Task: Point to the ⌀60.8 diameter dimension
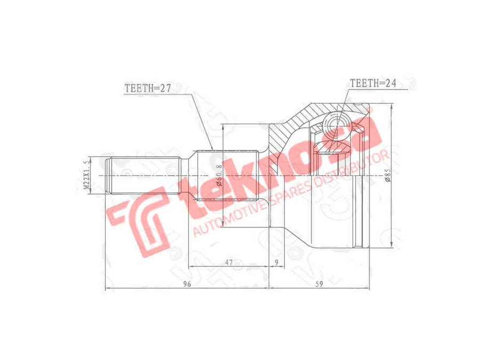click(219, 176)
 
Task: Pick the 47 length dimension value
click(228, 262)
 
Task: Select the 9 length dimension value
click(276, 262)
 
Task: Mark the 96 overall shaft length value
click(187, 284)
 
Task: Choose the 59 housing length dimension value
click(319, 284)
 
